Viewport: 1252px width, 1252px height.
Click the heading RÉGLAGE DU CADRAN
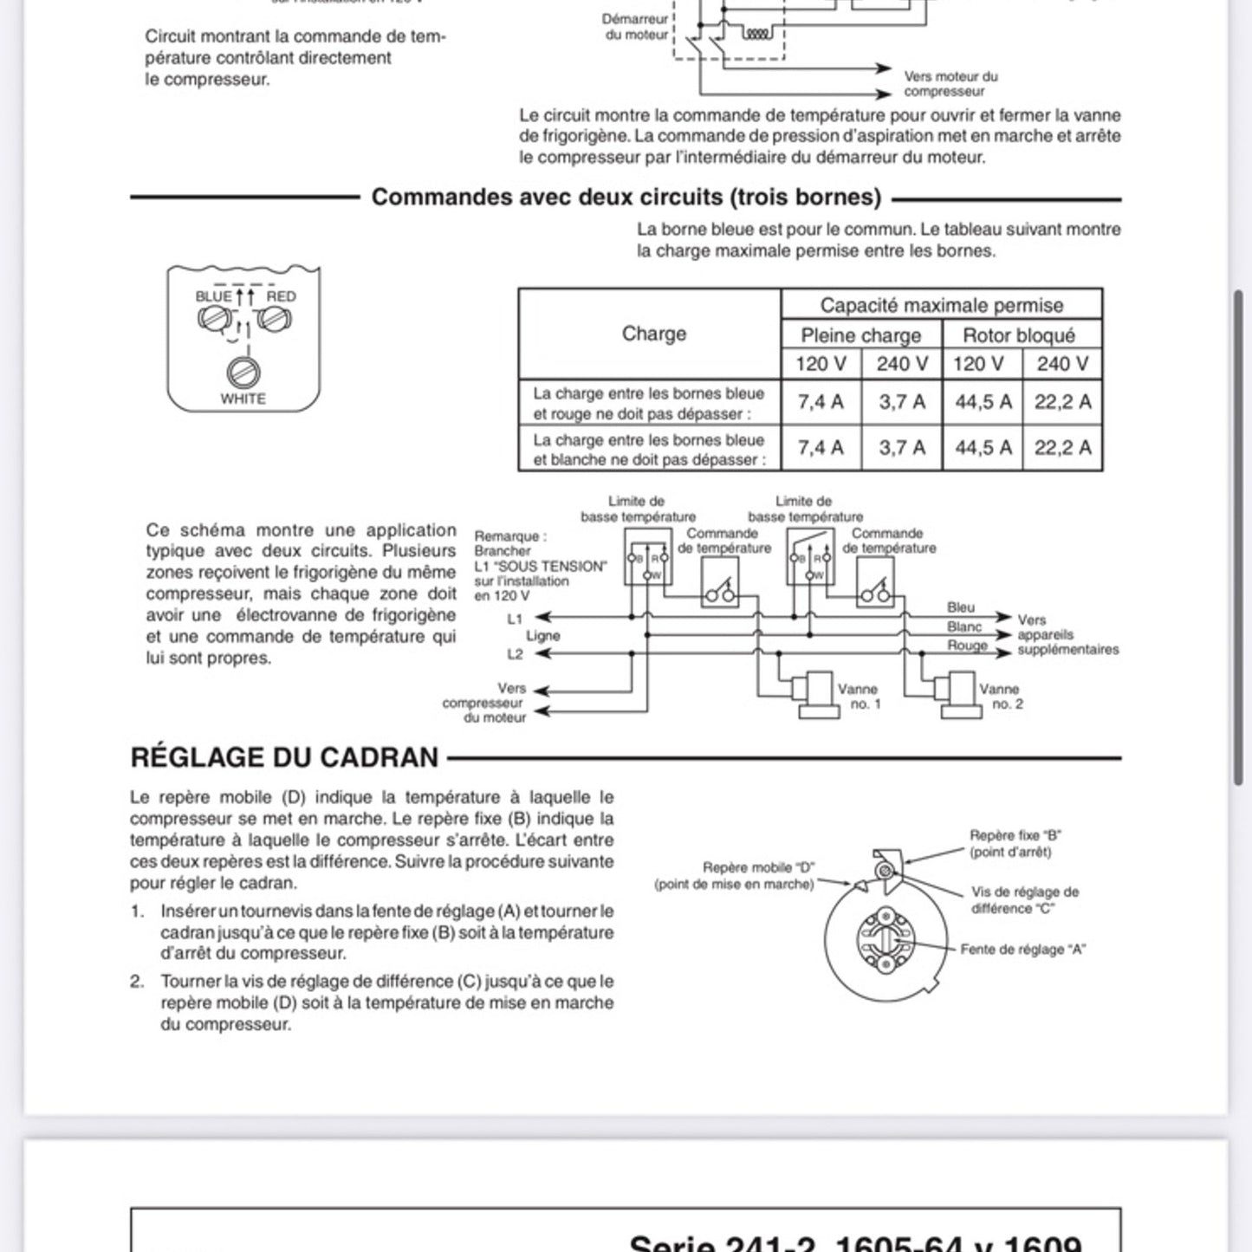pos(284,757)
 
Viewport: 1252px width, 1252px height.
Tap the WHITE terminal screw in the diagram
pos(243,373)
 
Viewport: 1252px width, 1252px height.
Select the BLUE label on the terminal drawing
pos(213,296)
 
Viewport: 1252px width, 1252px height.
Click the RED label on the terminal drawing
pos(281,296)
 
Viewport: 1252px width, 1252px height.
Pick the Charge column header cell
pos(653,334)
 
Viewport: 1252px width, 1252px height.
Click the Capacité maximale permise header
pos(941,305)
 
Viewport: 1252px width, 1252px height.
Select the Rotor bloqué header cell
pos(1019,335)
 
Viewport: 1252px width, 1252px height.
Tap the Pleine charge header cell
pos(860,335)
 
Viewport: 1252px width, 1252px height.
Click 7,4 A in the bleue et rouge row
pos(821,402)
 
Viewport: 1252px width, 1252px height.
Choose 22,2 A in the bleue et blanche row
pos(1062,448)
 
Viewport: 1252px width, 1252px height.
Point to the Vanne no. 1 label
pos(859,697)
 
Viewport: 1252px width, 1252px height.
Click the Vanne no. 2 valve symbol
pos(957,694)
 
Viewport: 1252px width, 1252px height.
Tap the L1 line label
pos(515,619)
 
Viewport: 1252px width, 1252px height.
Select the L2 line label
pos(515,654)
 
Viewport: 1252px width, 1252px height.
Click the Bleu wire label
pos(960,607)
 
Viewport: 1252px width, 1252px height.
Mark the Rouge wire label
pos(967,645)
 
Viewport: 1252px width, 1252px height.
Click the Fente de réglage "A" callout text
pos(1022,950)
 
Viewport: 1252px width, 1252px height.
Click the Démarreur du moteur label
pos(636,27)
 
